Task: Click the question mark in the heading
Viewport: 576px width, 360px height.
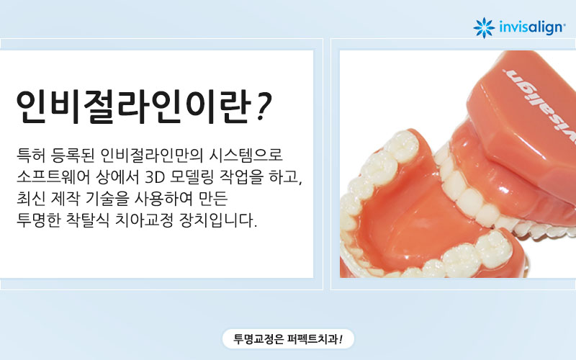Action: pyautogui.click(x=264, y=108)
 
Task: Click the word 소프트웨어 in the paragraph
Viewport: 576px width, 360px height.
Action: pyautogui.click(x=55, y=177)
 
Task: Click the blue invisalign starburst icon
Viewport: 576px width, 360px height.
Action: pyautogui.click(x=483, y=27)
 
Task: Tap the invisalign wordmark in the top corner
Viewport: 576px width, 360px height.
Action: pyautogui.click(x=531, y=27)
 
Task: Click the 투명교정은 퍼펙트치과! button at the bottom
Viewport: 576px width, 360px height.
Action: pyautogui.click(x=288, y=338)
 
